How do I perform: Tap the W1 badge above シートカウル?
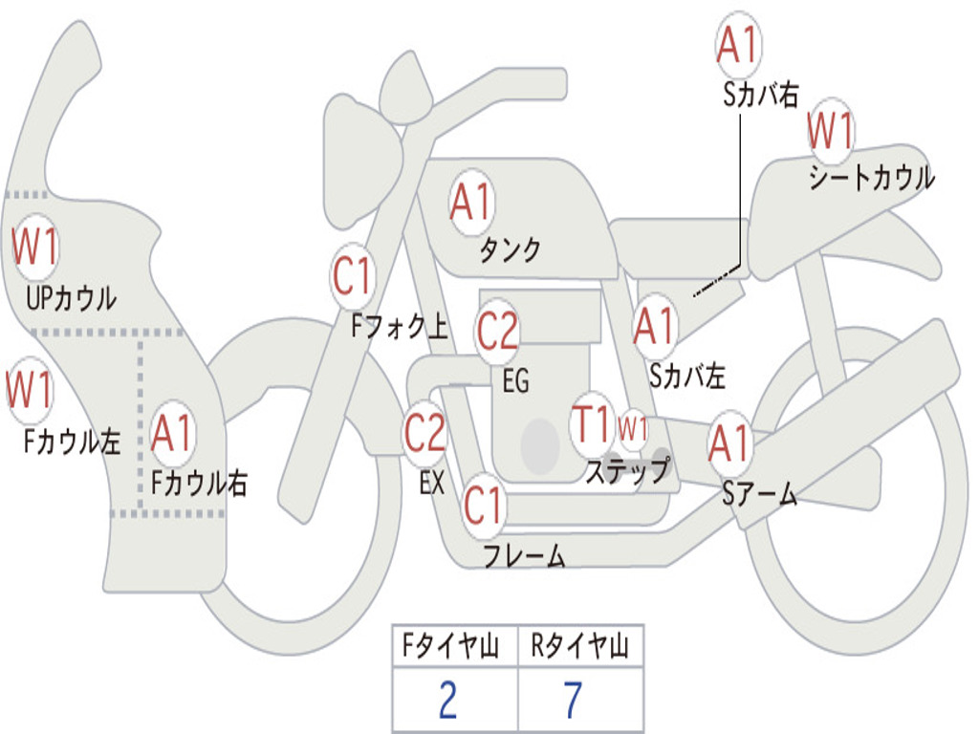(x=830, y=131)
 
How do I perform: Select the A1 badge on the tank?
(x=470, y=201)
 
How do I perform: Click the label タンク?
(x=510, y=250)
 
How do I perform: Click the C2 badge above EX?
(x=424, y=433)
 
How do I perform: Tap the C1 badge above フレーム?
(x=483, y=505)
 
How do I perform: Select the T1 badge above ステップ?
(x=591, y=423)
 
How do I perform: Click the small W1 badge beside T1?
(x=633, y=427)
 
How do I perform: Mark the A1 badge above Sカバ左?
(x=655, y=326)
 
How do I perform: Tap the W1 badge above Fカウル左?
(x=30, y=390)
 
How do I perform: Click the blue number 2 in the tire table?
(x=447, y=700)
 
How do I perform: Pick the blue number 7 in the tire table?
(x=573, y=700)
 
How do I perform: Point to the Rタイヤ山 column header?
(x=579, y=648)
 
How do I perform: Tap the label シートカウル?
(x=871, y=178)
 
